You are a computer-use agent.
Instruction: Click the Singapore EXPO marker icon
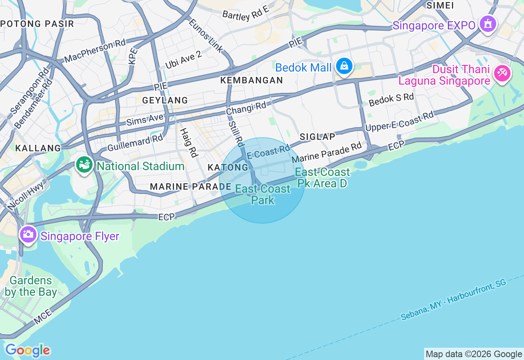click(487, 24)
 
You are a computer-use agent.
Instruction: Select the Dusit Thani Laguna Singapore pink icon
click(502, 73)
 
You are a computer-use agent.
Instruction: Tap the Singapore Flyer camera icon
click(28, 234)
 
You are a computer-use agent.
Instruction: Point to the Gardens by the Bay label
click(31, 286)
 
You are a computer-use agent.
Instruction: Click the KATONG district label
click(228, 167)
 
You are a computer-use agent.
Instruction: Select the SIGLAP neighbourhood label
click(317, 137)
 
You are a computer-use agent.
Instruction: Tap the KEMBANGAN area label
click(252, 80)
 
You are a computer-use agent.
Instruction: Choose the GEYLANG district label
click(165, 100)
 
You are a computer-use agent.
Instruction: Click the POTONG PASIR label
click(37, 24)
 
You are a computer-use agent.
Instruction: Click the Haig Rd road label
click(189, 142)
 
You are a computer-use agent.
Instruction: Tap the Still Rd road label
click(236, 134)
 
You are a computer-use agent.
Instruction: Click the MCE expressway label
click(43, 317)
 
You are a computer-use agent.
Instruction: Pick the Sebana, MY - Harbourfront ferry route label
click(454, 299)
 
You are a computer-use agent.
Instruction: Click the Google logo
click(27, 351)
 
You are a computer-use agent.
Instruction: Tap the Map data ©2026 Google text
click(474, 354)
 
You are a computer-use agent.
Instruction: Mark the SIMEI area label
click(440, 5)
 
